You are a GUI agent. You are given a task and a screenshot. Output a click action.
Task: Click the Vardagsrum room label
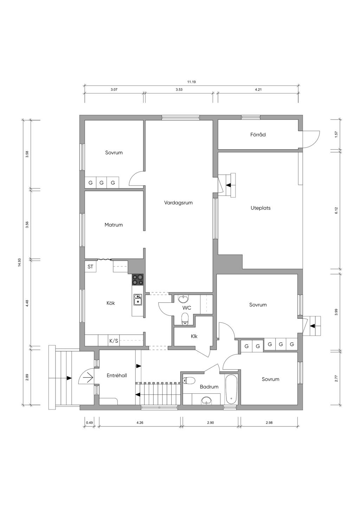tap(178, 203)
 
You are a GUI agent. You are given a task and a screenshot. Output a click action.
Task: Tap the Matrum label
tap(114, 225)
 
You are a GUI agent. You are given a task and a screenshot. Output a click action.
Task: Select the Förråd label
tap(258, 135)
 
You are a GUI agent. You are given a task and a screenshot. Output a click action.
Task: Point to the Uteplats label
tap(261, 208)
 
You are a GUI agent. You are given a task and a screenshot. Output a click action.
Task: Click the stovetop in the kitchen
tap(137, 279)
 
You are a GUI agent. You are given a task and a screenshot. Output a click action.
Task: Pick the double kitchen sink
tap(137, 300)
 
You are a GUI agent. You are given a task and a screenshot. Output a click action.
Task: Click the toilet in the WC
tap(185, 319)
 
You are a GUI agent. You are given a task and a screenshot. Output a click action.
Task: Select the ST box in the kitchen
tap(90, 266)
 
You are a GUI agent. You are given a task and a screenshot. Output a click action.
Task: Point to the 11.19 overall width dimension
tap(191, 82)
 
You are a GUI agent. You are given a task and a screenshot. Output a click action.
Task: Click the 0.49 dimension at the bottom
tap(89, 423)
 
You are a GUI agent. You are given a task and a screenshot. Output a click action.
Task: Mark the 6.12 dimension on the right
tap(336, 211)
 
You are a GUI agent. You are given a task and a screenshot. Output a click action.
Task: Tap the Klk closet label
tap(194, 336)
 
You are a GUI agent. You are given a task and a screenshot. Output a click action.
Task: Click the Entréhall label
tap(117, 375)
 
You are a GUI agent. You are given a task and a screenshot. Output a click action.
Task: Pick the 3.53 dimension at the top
tap(179, 90)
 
